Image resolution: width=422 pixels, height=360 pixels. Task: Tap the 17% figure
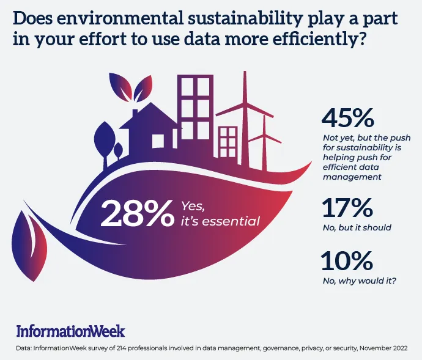tap(347, 207)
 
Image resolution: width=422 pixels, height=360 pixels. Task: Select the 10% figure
tap(347, 260)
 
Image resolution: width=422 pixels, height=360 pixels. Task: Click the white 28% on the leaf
tap(136, 213)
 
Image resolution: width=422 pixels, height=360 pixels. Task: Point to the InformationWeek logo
tap(70, 331)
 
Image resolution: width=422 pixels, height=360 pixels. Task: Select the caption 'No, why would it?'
tap(359, 281)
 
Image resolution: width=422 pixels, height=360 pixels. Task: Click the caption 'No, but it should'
tap(357, 227)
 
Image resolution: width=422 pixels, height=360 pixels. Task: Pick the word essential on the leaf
tap(231, 221)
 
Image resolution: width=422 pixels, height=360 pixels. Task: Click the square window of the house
tap(158, 141)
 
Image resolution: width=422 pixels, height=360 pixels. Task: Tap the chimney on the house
tap(135, 113)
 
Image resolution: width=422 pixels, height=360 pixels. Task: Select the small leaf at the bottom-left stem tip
tap(29, 246)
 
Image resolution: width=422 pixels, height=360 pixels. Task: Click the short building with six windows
tap(228, 142)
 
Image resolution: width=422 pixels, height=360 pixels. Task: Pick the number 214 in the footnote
tap(121, 348)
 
